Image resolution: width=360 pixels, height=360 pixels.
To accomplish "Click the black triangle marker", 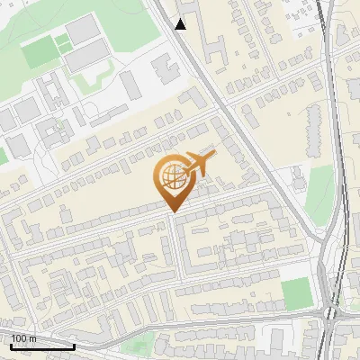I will (181, 24).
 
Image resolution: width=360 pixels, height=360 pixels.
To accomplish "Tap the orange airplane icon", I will (201, 164).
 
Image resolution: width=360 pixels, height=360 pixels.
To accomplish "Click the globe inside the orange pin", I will (171, 176).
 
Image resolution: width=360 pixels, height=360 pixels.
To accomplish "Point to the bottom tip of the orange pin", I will (171, 212).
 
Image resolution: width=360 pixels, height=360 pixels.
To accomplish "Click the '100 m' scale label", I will (24, 338).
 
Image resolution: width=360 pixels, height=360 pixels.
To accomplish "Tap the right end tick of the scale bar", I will (74, 345).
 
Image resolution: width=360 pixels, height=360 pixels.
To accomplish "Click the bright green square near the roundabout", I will (294, 292).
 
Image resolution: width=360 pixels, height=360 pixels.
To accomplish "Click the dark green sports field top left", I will (38, 54).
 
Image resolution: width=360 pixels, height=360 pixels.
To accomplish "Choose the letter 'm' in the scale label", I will (33, 338).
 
